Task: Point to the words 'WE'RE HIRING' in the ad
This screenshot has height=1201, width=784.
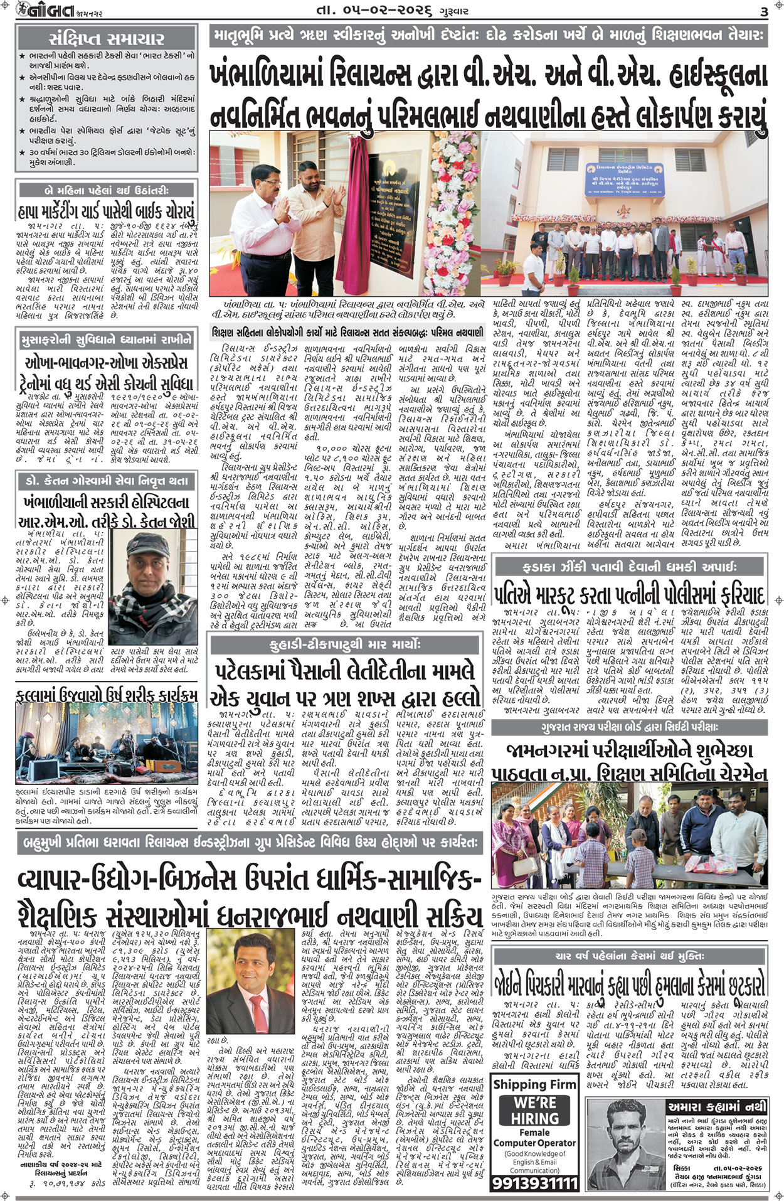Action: coord(534,1110)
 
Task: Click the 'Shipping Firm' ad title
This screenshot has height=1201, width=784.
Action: coord(534,1084)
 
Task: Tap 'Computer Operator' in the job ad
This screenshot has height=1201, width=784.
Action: coord(534,1143)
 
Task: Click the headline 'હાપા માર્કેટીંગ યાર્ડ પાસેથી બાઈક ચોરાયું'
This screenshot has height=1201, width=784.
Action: coord(107,210)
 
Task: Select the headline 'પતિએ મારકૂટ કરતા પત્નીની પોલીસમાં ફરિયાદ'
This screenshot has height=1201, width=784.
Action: coord(630,594)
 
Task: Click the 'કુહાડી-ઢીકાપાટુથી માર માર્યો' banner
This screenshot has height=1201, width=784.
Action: coord(345,644)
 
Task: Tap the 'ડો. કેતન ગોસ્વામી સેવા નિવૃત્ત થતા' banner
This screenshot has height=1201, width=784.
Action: coord(107,481)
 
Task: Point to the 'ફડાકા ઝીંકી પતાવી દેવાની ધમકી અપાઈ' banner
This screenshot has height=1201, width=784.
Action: coord(630,567)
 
